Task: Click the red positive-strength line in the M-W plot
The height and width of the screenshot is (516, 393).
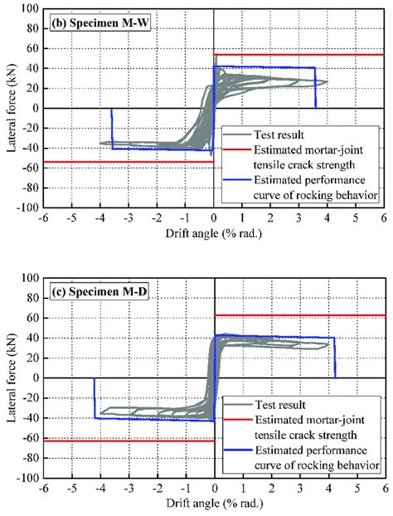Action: [x=298, y=55]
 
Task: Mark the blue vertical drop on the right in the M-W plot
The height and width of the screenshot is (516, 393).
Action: [x=316, y=88]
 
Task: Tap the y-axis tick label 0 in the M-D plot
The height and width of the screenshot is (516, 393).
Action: [x=36, y=378]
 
